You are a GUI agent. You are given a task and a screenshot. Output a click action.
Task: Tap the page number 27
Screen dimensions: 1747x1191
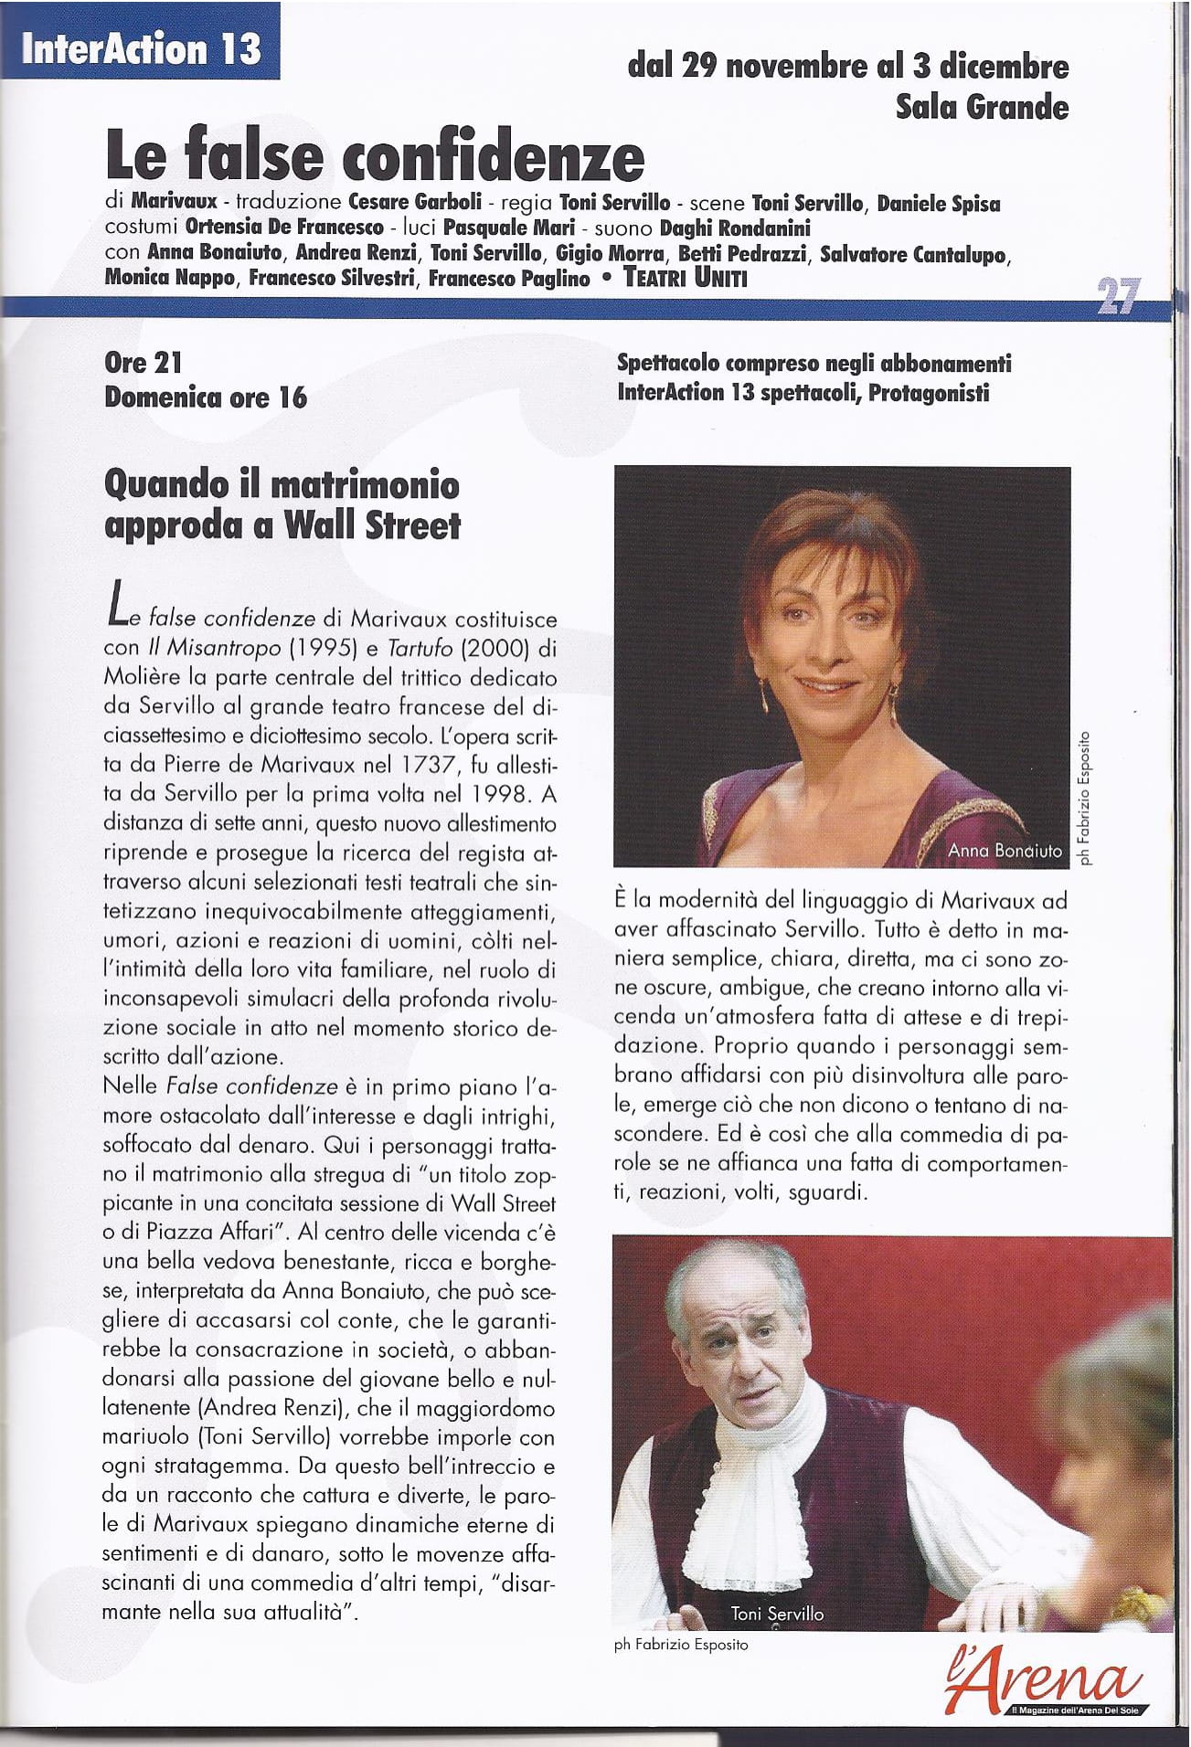[1116, 296]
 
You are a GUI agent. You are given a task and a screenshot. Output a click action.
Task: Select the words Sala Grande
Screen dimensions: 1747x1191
[982, 108]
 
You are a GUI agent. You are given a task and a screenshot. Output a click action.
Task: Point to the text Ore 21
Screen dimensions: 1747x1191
[144, 363]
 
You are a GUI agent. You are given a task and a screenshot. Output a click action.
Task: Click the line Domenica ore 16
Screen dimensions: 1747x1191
[206, 398]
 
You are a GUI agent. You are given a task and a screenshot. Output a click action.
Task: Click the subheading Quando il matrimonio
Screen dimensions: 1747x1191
[282, 484]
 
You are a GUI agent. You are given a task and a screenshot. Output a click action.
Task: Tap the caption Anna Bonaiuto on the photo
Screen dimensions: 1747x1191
[1005, 851]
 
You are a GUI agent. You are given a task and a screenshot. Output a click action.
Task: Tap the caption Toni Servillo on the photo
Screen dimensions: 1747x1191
[777, 1615]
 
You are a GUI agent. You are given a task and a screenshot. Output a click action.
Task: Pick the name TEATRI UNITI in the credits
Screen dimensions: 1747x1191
[685, 279]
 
